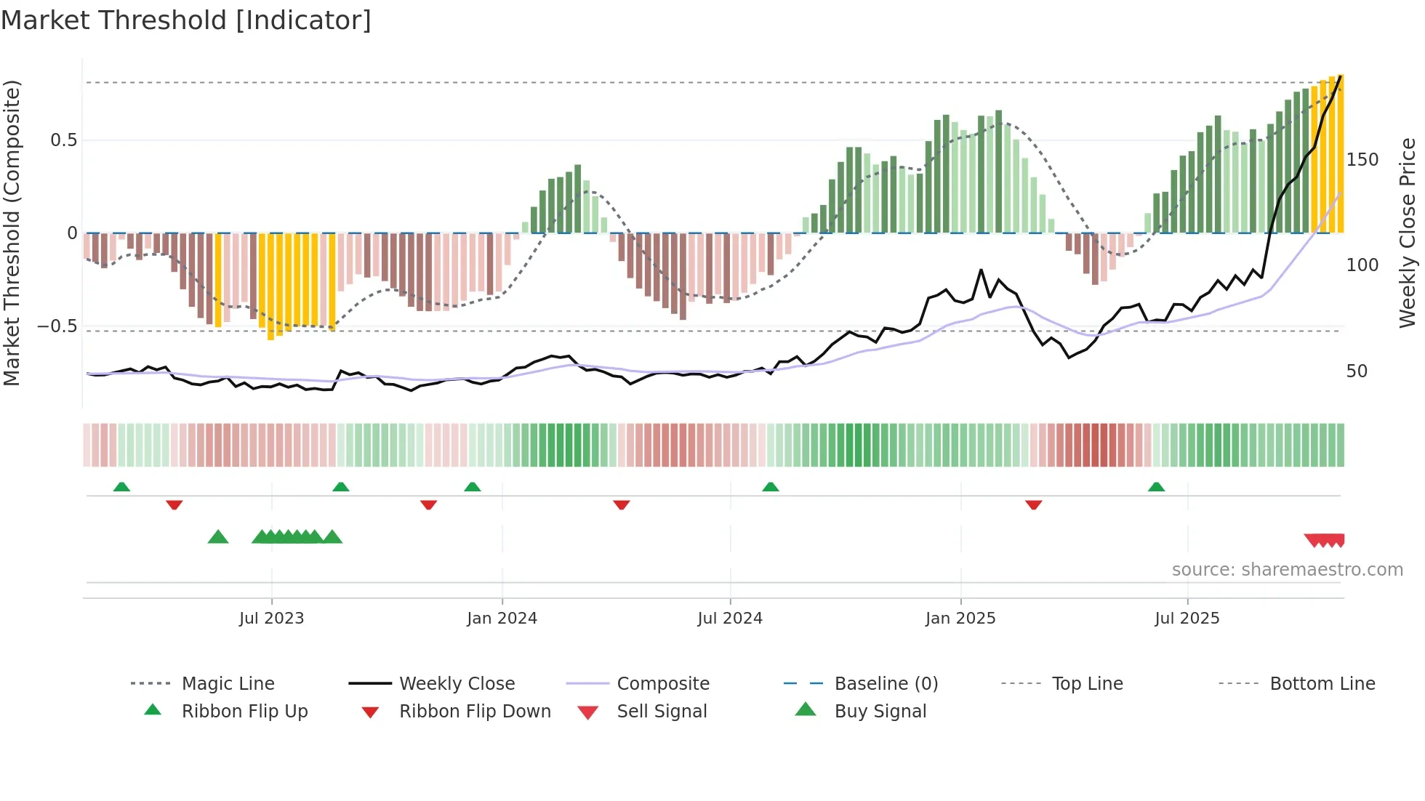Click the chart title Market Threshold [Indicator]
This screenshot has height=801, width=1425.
click(x=186, y=20)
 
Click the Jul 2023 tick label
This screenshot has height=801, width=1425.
click(x=271, y=619)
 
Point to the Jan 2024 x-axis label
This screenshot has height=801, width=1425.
click(x=502, y=619)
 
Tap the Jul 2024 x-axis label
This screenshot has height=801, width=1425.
click(x=730, y=619)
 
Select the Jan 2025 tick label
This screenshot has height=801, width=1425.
click(x=960, y=619)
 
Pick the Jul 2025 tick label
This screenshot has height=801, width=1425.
click(x=1187, y=619)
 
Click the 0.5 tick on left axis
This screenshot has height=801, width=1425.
click(x=64, y=140)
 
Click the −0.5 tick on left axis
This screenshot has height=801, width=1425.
click(x=57, y=326)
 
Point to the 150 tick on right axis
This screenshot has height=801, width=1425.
click(x=1362, y=160)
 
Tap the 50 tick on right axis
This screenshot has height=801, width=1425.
click(x=1357, y=371)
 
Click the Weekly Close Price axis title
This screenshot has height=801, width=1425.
click(x=1408, y=233)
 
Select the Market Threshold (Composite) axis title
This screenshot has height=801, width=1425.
click(x=12, y=233)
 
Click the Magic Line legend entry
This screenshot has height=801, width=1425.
click(x=228, y=684)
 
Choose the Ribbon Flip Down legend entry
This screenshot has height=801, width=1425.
click(x=475, y=712)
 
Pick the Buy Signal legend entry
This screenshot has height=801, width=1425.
click(x=880, y=712)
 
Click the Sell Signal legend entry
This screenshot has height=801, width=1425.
click(x=662, y=712)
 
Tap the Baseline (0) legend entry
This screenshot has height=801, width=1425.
click(x=886, y=684)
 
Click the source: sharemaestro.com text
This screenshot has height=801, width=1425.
click(x=1287, y=570)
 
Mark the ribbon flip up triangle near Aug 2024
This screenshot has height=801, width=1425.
click(x=771, y=487)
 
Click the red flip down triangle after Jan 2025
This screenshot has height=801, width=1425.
click(x=1034, y=504)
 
